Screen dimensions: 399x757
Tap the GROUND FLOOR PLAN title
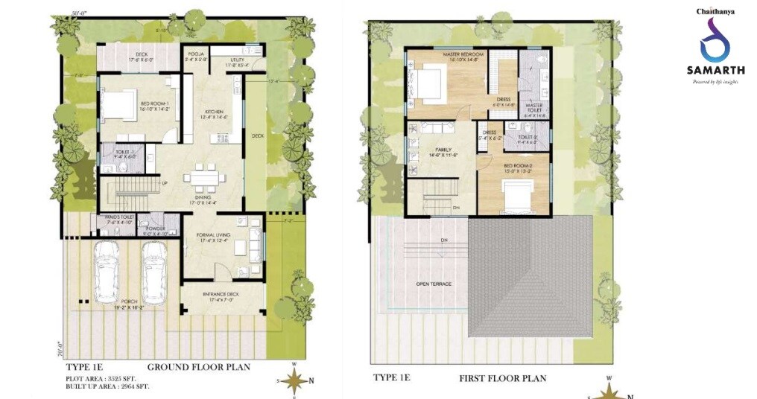point(198,367)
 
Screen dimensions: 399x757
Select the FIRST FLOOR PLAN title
point(502,378)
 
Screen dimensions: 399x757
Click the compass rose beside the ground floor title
point(296,380)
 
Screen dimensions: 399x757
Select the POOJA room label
point(195,54)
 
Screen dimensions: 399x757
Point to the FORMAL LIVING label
point(212,235)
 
